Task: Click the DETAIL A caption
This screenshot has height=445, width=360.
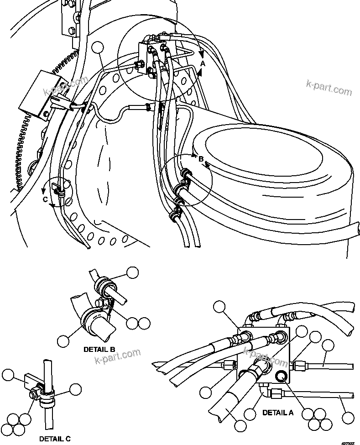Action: pyautogui.click(x=278, y=413)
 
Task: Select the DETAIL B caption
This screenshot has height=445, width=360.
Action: pyautogui.click(x=99, y=350)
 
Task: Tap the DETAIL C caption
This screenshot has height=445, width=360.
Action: pyautogui.click(x=55, y=439)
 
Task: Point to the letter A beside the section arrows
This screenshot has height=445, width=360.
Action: pyautogui.click(x=203, y=64)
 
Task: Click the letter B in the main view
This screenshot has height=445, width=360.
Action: pyautogui.click(x=200, y=159)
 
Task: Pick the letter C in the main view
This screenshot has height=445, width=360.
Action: pyautogui.click(x=45, y=199)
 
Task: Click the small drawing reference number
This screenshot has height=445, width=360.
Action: pyautogui.click(x=348, y=441)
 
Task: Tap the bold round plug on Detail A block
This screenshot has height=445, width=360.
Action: pyautogui.click(x=282, y=376)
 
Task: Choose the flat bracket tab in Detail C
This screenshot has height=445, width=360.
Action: pyautogui.click(x=31, y=379)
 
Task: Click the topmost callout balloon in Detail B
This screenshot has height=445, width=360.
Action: pyautogui.click(x=132, y=272)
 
